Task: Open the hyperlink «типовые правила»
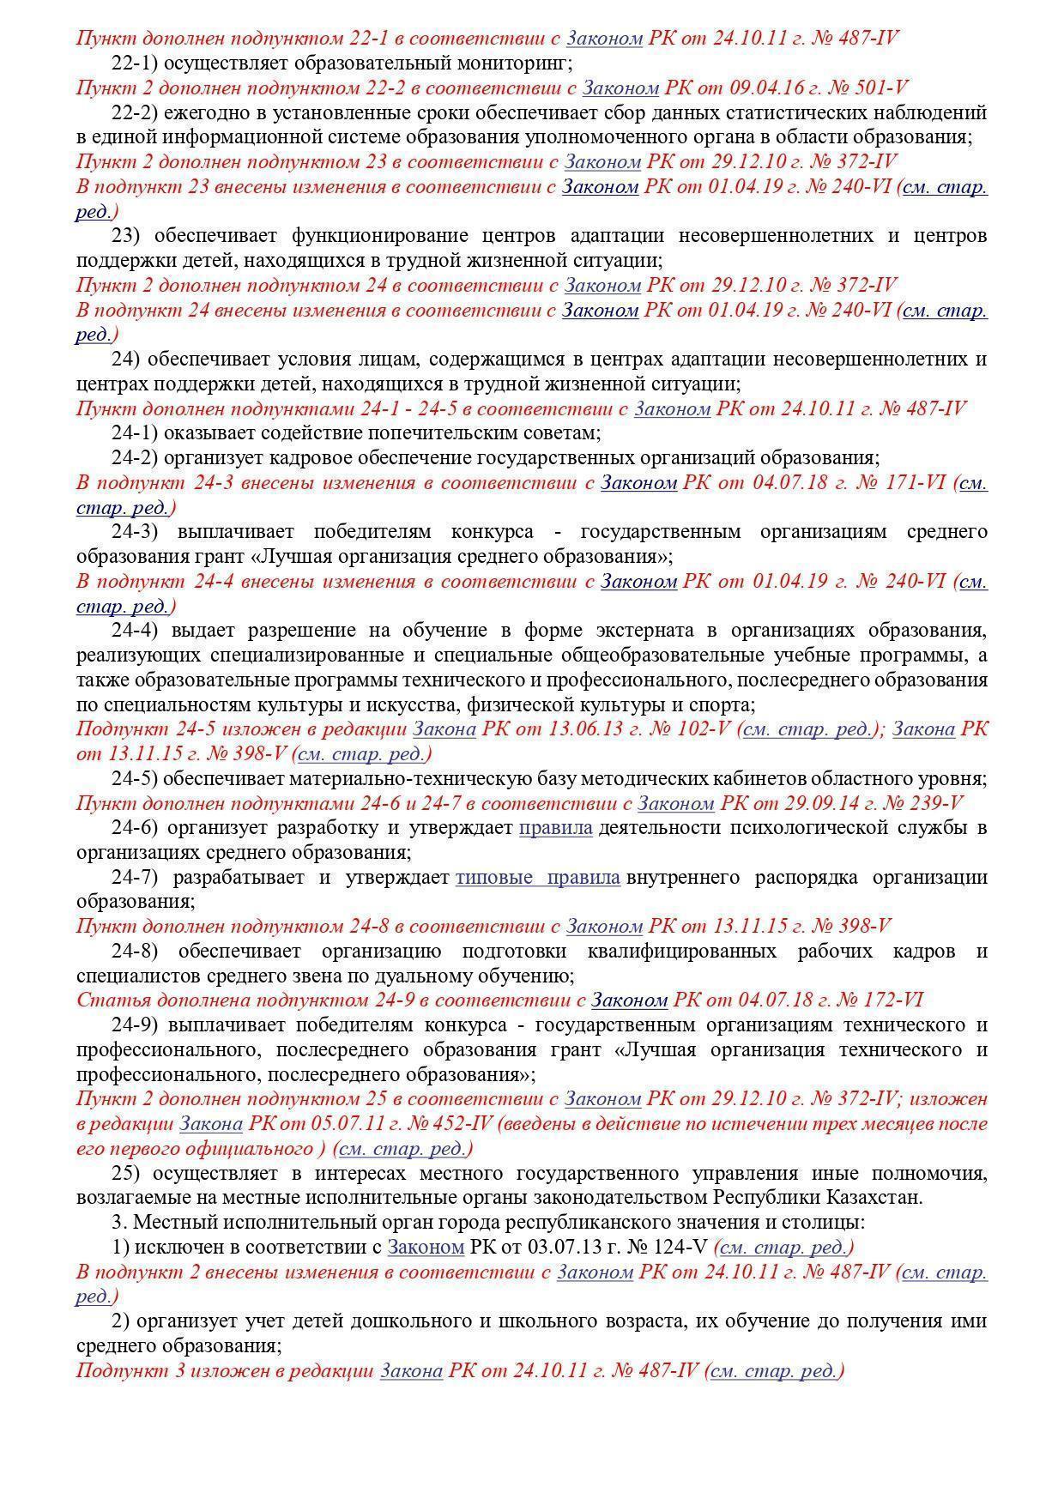point(537,878)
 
